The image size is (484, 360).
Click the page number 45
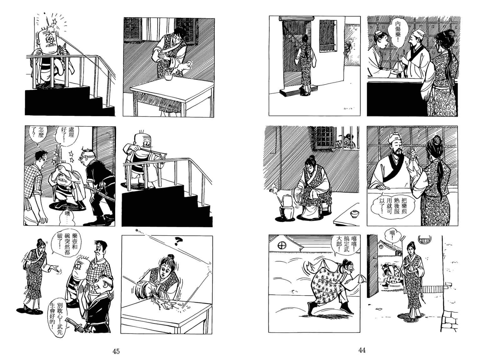(x=116, y=352)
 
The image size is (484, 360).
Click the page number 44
(x=362, y=350)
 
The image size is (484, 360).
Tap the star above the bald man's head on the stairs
(x=54, y=22)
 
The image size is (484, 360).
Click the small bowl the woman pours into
(x=168, y=77)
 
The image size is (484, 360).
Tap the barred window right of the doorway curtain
(x=328, y=36)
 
